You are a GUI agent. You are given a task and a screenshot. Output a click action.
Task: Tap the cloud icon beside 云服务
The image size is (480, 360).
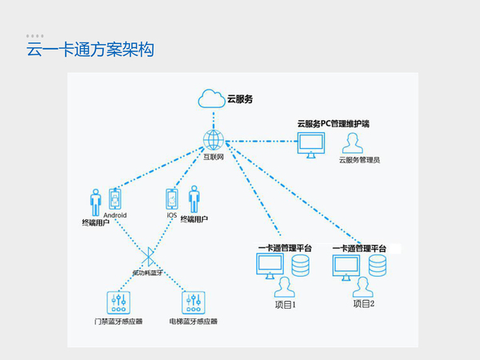tap(212, 100)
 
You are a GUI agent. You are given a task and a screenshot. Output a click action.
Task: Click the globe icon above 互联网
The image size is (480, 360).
tap(213, 140)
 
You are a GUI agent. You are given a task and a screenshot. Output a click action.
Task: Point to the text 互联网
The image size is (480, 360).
tap(213, 158)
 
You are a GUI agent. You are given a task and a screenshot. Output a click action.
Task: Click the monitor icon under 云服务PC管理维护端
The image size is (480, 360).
tap(312, 145)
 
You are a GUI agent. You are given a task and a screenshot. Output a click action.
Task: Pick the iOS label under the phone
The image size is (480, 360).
tap(171, 215)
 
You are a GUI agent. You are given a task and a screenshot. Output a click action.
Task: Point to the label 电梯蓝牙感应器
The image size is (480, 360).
tap(194, 322)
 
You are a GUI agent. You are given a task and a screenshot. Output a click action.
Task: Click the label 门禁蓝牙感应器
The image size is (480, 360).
tap(118, 322)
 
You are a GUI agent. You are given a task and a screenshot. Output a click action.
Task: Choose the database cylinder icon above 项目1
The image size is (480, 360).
tap(302, 265)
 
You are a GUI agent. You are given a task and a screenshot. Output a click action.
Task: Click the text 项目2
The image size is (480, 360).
tap(364, 305)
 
